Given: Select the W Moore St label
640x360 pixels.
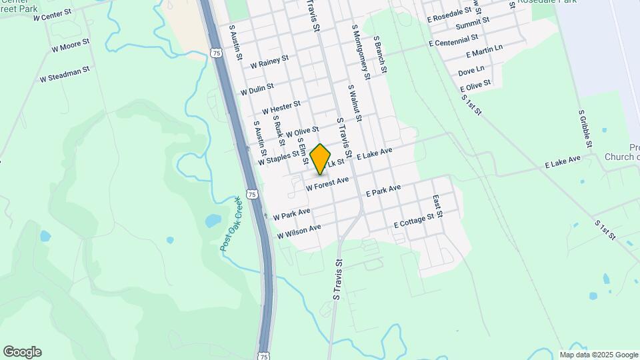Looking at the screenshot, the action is tap(70, 45).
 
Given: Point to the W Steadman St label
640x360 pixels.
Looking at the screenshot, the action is tap(64, 74).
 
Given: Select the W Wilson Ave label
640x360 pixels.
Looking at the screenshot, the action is tap(299, 231).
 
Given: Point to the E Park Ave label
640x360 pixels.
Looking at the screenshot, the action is tap(383, 191).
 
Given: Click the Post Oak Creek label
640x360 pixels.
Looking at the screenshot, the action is tap(231, 224).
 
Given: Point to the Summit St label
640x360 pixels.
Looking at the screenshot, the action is tap(472, 24).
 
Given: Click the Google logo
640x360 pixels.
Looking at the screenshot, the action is tap(22, 352).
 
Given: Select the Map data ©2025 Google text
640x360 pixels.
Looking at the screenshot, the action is tap(599, 355).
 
